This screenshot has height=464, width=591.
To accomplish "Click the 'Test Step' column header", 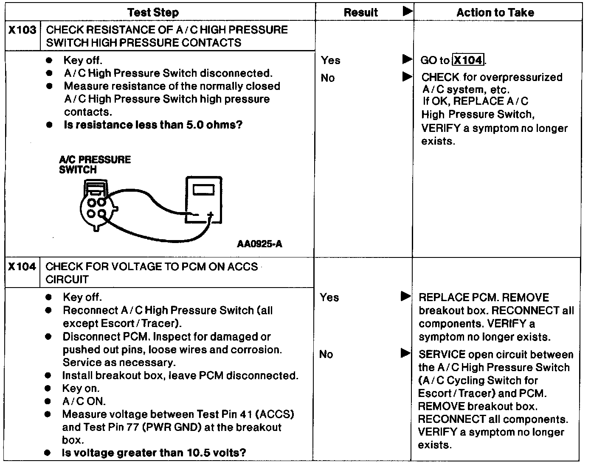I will pos(153,12).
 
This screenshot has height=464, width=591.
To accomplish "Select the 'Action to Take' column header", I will pos(495,12).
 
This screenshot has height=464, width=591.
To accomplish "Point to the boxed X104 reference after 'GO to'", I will pos(468,60).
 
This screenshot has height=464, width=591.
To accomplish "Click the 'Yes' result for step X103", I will pos(330,60).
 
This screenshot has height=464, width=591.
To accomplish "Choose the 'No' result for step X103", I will pos(328,78).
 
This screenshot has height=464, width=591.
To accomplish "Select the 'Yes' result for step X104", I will pos(329,297).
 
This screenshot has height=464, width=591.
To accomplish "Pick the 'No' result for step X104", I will pos(326,354).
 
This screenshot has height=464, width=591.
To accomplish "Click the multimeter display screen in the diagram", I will pos(204,190).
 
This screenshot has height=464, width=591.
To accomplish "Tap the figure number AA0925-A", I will pos(260,244).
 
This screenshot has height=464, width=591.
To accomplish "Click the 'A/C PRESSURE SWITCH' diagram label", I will pos(95,165).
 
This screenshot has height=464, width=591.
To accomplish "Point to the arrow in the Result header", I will pos(407,11).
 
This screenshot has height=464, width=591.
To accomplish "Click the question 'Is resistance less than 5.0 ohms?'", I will pos(153,125).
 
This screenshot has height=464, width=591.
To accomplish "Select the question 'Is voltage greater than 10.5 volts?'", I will pos(154,453).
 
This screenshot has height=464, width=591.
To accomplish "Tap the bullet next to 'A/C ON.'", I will pos(49,401).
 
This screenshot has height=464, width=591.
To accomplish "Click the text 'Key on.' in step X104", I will pos(81,389).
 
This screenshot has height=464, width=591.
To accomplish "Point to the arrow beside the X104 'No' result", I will pos(405,353).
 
